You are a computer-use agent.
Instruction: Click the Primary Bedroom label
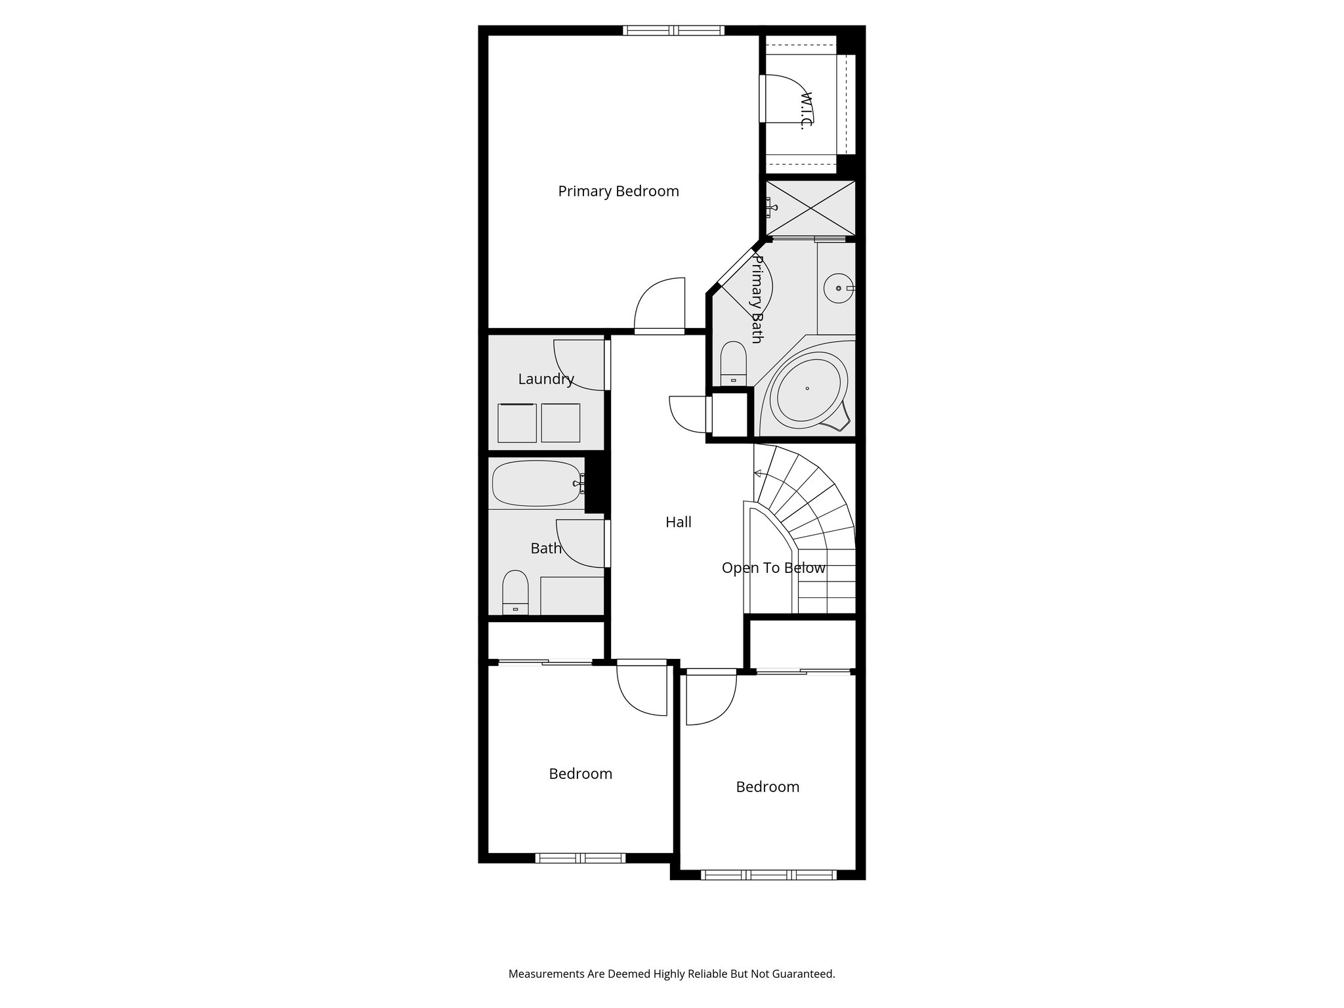[x=618, y=191]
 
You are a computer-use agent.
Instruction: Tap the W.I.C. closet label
[x=806, y=110]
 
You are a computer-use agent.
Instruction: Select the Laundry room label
[x=545, y=379]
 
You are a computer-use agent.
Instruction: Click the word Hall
[x=678, y=522]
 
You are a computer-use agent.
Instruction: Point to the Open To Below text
[x=773, y=568]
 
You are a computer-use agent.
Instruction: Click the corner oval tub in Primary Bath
[x=808, y=390]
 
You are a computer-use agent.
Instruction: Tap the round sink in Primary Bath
[x=838, y=288]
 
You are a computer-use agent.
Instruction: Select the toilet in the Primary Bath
[x=733, y=363]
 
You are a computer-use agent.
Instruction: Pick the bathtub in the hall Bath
[x=536, y=483]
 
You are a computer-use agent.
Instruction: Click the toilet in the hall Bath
[x=515, y=591]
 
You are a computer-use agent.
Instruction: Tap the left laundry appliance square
[x=517, y=423]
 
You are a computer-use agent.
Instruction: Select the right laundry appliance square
[x=560, y=423]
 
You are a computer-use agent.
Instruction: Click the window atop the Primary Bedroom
[x=673, y=30]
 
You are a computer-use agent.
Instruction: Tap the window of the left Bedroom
[x=580, y=858]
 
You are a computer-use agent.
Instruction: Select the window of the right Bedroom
[x=768, y=874]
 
